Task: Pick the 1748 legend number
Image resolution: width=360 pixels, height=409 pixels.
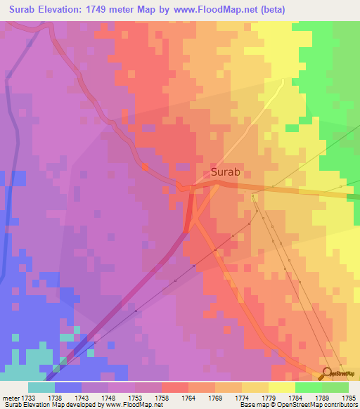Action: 108,398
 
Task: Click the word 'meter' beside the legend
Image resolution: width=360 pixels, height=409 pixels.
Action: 10,398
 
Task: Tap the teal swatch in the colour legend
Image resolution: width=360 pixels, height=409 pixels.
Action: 41,387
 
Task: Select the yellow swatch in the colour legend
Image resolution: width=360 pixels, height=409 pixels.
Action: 281,387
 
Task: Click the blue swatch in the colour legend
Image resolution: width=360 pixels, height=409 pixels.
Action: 68,387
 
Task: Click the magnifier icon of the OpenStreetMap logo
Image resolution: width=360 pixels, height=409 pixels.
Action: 326,372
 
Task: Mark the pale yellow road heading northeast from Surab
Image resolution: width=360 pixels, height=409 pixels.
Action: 260,126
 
